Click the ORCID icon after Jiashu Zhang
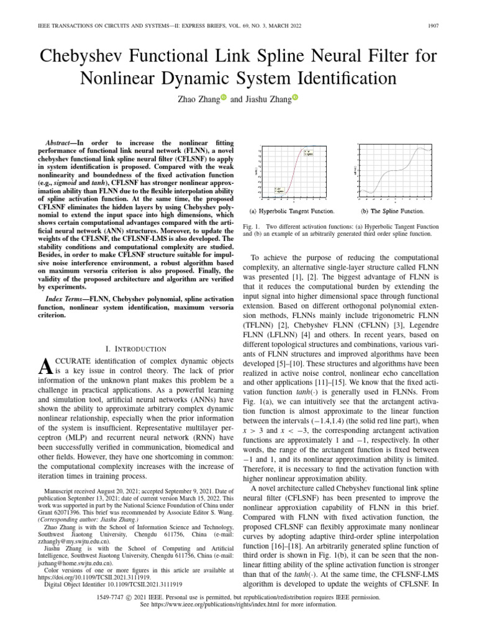click(x=294, y=98)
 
